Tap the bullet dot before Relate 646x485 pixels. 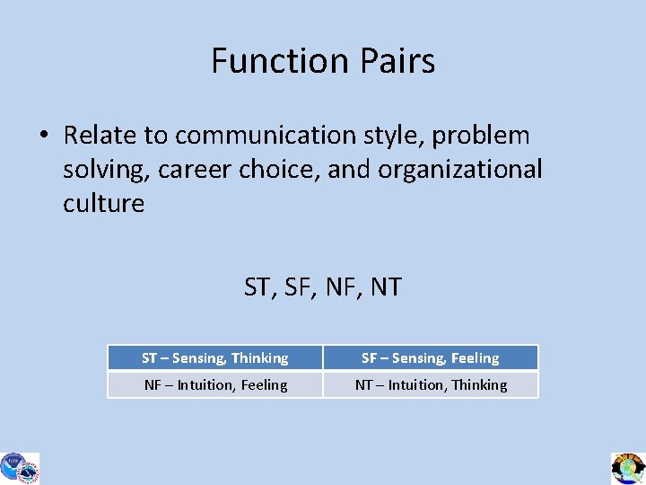[x=43, y=137]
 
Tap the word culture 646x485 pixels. [x=103, y=203]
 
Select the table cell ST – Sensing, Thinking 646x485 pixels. [x=215, y=358]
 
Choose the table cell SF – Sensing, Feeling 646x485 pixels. [x=431, y=358]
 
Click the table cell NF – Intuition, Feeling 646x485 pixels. [x=215, y=384]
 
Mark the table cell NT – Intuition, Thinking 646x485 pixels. [x=431, y=384]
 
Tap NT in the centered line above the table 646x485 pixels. [x=385, y=287]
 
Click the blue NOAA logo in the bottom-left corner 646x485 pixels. [x=12, y=465]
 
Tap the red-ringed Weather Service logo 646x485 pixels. [x=30, y=471]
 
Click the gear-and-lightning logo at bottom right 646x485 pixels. [x=628, y=468]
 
